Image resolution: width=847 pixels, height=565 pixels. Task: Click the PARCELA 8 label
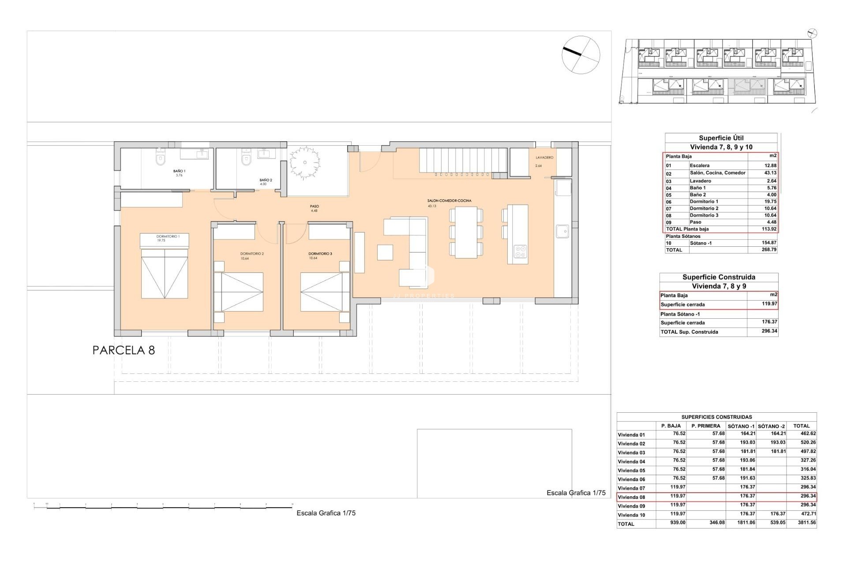124,350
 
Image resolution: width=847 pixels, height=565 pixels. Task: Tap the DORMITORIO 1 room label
168,237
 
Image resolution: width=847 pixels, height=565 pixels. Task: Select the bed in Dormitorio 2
238,292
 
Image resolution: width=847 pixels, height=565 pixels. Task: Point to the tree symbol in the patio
304,162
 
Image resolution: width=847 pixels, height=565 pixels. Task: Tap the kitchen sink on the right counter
562,231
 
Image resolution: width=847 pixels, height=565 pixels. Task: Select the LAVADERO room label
544,158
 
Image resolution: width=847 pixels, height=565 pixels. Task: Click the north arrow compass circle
581,54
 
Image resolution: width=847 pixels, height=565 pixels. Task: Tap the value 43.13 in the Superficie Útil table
770,173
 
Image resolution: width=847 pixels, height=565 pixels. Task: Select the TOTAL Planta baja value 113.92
769,229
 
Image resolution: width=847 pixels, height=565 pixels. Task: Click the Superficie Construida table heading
719,277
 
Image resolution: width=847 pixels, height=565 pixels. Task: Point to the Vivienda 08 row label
631,497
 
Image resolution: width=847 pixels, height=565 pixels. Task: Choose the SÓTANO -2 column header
771,426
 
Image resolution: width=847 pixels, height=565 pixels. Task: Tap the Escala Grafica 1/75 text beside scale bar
326,513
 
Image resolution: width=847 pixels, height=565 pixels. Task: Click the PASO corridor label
314,206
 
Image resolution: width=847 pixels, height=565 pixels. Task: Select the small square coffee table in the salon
385,252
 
